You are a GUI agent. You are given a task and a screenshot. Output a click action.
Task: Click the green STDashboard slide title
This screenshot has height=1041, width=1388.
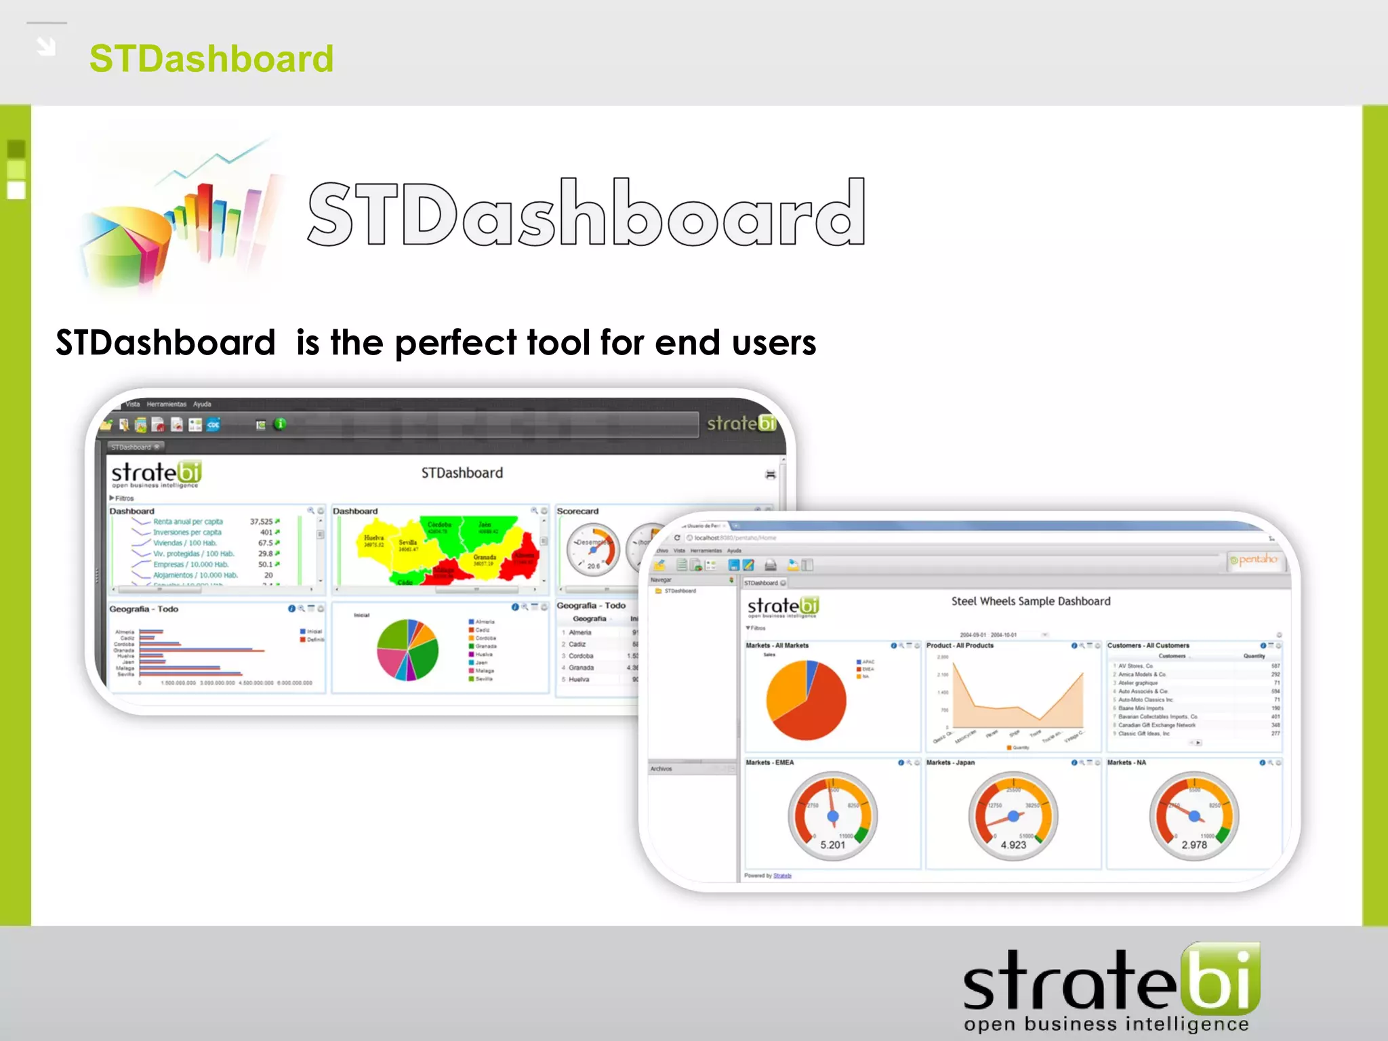coord(211,59)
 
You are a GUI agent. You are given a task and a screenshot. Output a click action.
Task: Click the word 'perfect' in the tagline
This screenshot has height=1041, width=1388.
coord(456,343)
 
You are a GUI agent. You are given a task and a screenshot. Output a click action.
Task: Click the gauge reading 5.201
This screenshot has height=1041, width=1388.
coord(832,817)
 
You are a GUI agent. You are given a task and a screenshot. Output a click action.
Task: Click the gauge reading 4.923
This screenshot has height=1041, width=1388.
coord(1013,817)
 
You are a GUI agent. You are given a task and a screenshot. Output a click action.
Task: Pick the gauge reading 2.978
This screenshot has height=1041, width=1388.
coord(1194,817)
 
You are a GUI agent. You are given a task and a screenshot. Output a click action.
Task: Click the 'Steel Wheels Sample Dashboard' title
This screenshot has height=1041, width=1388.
coord(1030,601)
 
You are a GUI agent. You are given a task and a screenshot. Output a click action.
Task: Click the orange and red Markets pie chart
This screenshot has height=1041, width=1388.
coord(807,700)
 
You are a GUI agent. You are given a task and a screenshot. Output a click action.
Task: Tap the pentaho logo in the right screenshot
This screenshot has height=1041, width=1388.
coord(1256,560)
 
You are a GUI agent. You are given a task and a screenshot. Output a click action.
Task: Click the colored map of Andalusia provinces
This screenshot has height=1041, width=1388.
coord(447,549)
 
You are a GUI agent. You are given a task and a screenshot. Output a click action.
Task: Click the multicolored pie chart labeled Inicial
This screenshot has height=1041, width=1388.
coord(407,650)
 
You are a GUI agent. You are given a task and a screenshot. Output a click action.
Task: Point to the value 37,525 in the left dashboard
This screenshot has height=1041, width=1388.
coord(261,522)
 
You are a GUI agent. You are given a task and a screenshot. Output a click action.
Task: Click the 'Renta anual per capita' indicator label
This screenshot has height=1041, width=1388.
coord(188,522)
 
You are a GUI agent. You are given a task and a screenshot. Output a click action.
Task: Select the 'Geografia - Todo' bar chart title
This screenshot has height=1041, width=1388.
coord(144,609)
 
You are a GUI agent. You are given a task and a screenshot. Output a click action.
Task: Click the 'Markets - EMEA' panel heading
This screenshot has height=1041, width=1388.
coord(769,762)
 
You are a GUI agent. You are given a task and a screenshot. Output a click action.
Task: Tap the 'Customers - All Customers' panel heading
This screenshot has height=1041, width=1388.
coord(1147,645)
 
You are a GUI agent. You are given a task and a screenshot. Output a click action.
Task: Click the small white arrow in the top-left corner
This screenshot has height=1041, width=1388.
coord(46,46)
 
